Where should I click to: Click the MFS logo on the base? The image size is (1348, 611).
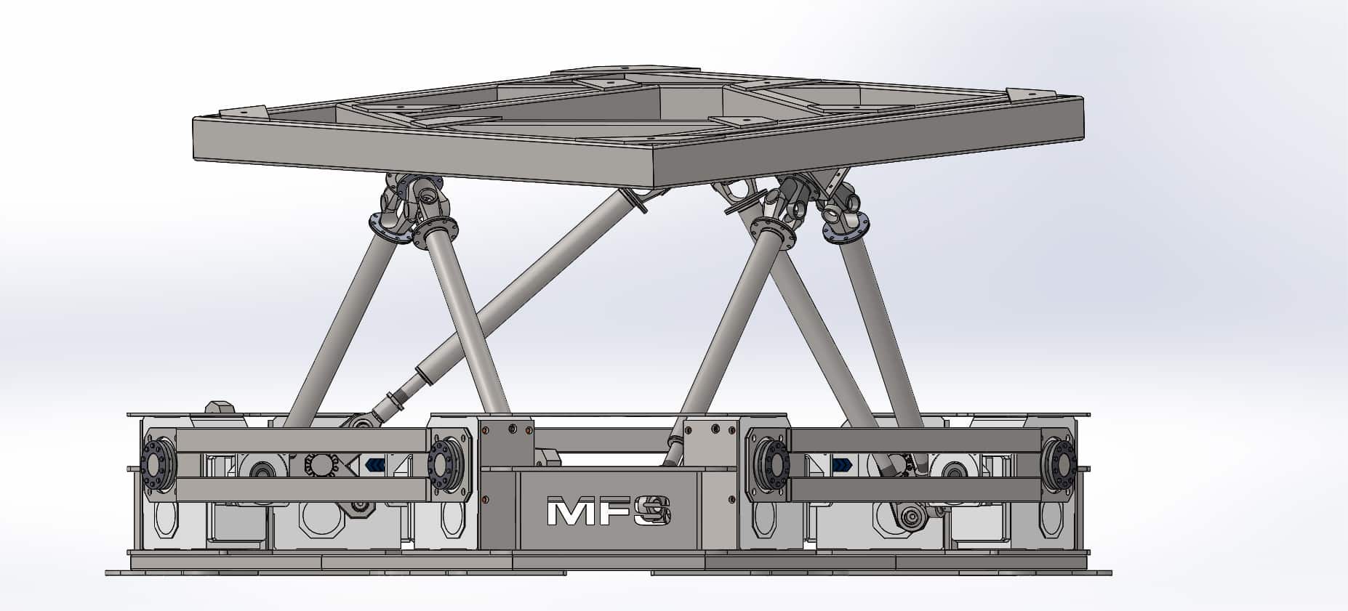608,511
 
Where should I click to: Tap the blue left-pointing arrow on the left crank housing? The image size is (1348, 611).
375,464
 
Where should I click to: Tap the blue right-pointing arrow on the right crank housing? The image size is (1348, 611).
841,464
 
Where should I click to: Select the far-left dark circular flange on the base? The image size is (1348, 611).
156,461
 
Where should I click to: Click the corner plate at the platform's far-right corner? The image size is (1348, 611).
1030,94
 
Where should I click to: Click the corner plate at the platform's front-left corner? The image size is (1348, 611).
244,112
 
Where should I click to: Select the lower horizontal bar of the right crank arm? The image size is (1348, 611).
916,489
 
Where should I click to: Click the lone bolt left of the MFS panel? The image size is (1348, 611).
486,498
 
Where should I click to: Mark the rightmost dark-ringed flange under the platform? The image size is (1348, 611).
846,227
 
